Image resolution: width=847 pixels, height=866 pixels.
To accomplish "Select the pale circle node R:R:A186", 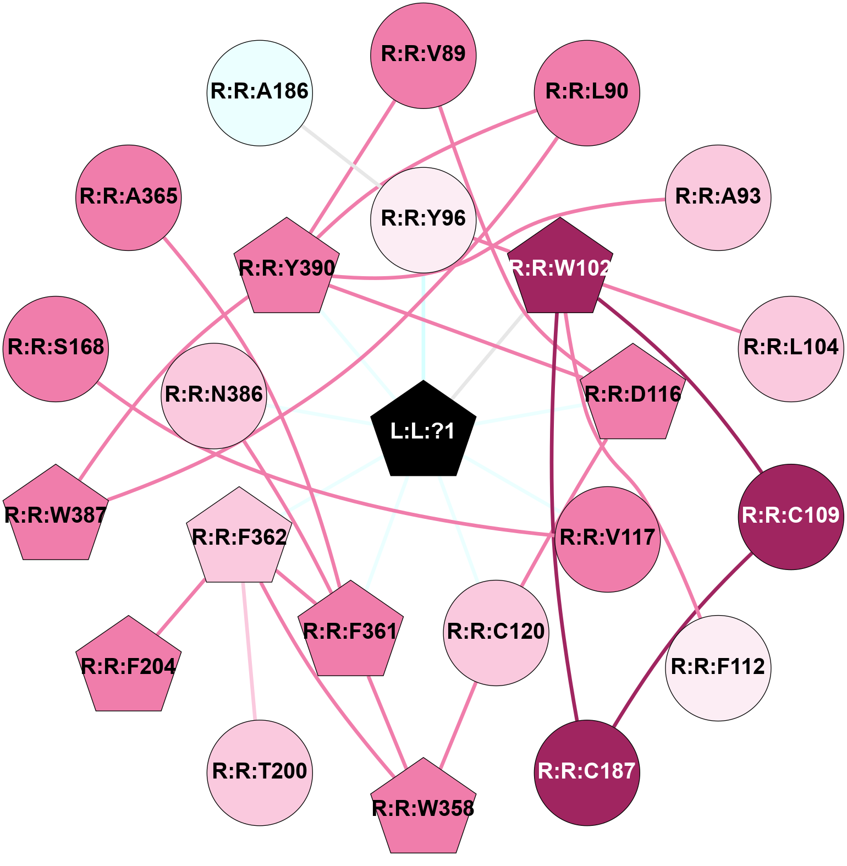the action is [260, 92].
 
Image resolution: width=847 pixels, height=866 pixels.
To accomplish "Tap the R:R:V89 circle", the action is [424, 56].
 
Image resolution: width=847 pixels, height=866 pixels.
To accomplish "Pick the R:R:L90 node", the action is [587, 92].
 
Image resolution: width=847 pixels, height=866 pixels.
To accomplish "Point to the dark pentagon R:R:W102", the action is [560, 267].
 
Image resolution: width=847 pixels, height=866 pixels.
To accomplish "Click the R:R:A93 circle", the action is [718, 198].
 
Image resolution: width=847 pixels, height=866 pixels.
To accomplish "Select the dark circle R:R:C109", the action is [791, 517].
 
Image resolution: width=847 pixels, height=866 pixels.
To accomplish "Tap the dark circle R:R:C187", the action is [587, 772].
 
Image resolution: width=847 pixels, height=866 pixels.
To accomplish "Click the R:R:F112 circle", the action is [718, 668].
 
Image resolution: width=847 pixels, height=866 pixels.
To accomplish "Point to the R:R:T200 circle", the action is [260, 772].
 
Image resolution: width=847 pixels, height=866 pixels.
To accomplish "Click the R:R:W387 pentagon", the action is [56, 514].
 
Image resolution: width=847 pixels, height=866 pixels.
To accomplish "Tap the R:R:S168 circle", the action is [56, 349].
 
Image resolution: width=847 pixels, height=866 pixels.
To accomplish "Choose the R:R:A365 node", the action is [129, 198].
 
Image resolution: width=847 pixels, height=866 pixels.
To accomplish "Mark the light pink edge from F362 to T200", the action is [249, 651].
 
